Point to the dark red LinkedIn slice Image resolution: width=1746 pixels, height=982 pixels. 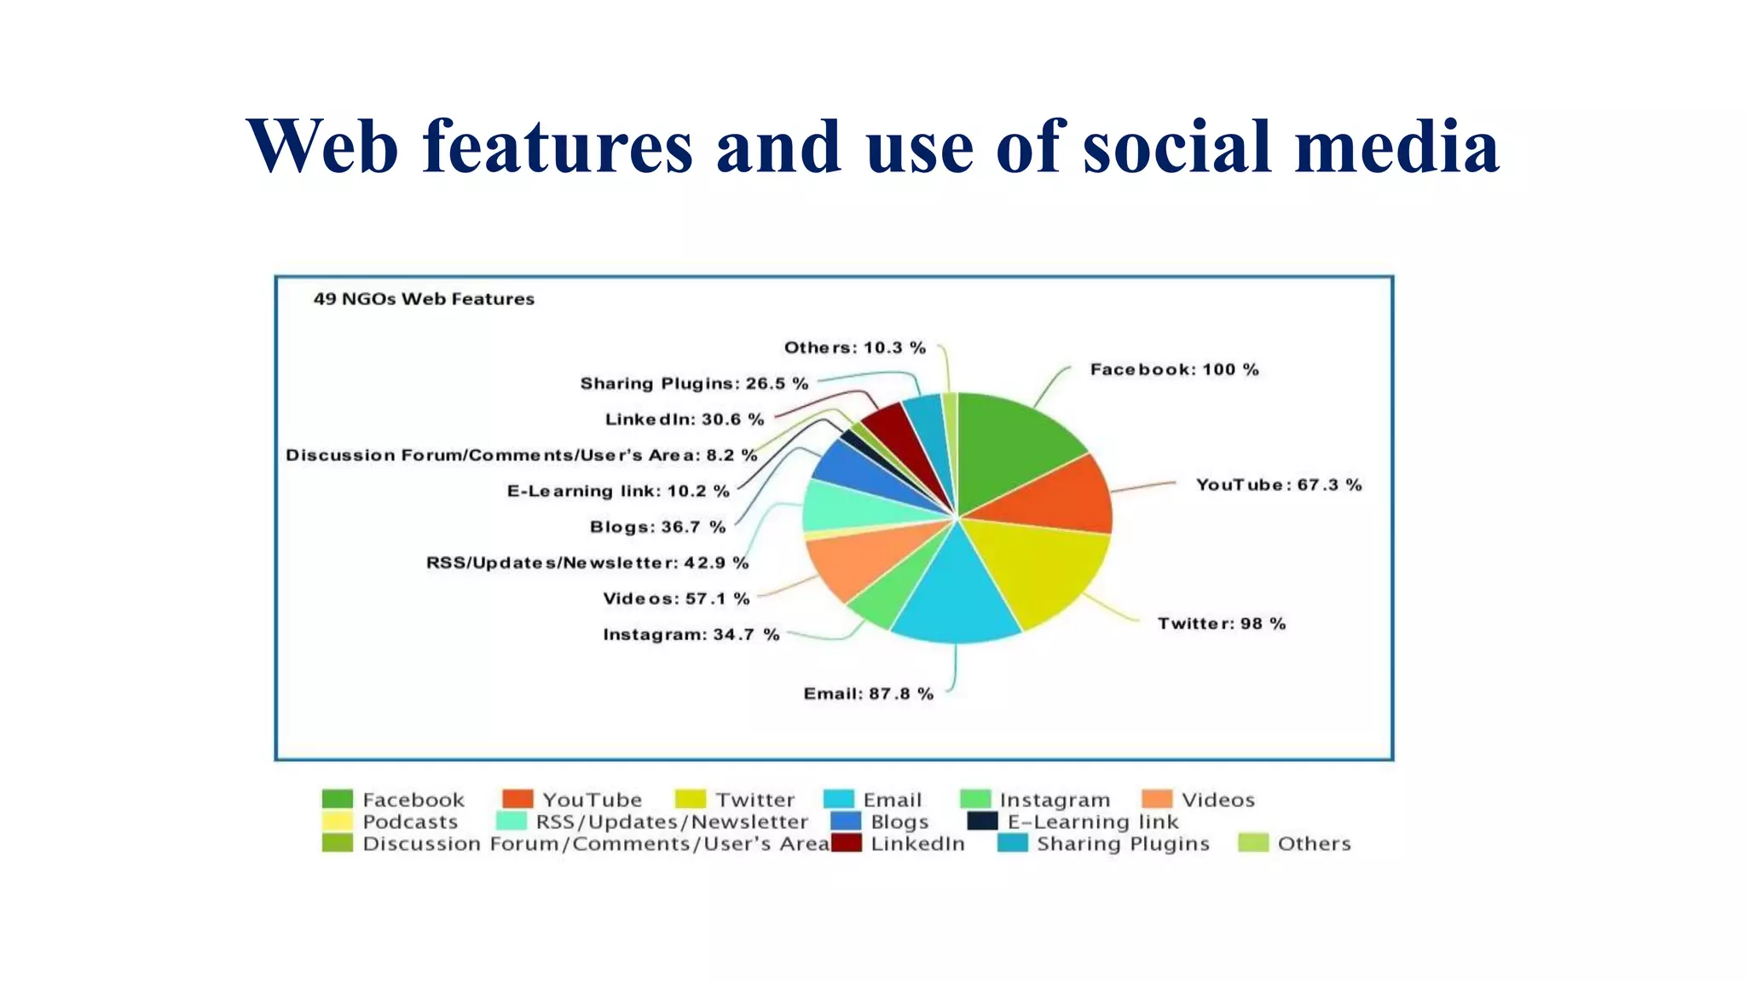(891, 430)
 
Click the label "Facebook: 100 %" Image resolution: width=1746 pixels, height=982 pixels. (1174, 370)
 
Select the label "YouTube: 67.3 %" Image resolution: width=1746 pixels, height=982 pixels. (1278, 485)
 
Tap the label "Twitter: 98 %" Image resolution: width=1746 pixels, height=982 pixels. (1221, 624)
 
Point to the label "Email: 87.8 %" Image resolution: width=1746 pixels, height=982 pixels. (868, 694)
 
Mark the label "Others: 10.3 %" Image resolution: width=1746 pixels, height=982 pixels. (854, 348)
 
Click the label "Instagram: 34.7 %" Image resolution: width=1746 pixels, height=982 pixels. (691, 635)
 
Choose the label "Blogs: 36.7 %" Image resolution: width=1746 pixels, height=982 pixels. (657, 528)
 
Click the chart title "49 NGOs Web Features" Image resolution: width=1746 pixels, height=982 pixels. (424, 299)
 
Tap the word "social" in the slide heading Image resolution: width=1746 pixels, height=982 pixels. (1177, 147)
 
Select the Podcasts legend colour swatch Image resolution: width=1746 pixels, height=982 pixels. (337, 822)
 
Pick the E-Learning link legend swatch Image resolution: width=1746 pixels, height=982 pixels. (982, 822)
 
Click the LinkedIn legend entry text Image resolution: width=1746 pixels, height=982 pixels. (917, 844)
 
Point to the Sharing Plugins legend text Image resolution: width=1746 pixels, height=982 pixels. (1123, 844)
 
